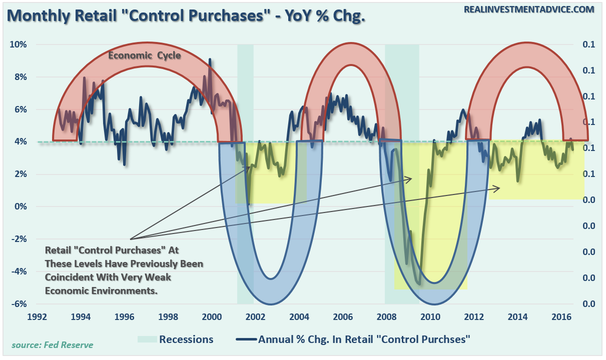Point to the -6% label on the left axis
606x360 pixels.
[19, 304]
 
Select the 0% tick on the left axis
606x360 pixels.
[21, 207]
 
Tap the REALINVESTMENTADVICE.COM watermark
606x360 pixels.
[529, 9]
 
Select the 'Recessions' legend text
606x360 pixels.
[186, 339]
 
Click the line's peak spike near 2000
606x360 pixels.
[210, 59]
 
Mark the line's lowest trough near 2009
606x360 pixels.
[419, 284]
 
